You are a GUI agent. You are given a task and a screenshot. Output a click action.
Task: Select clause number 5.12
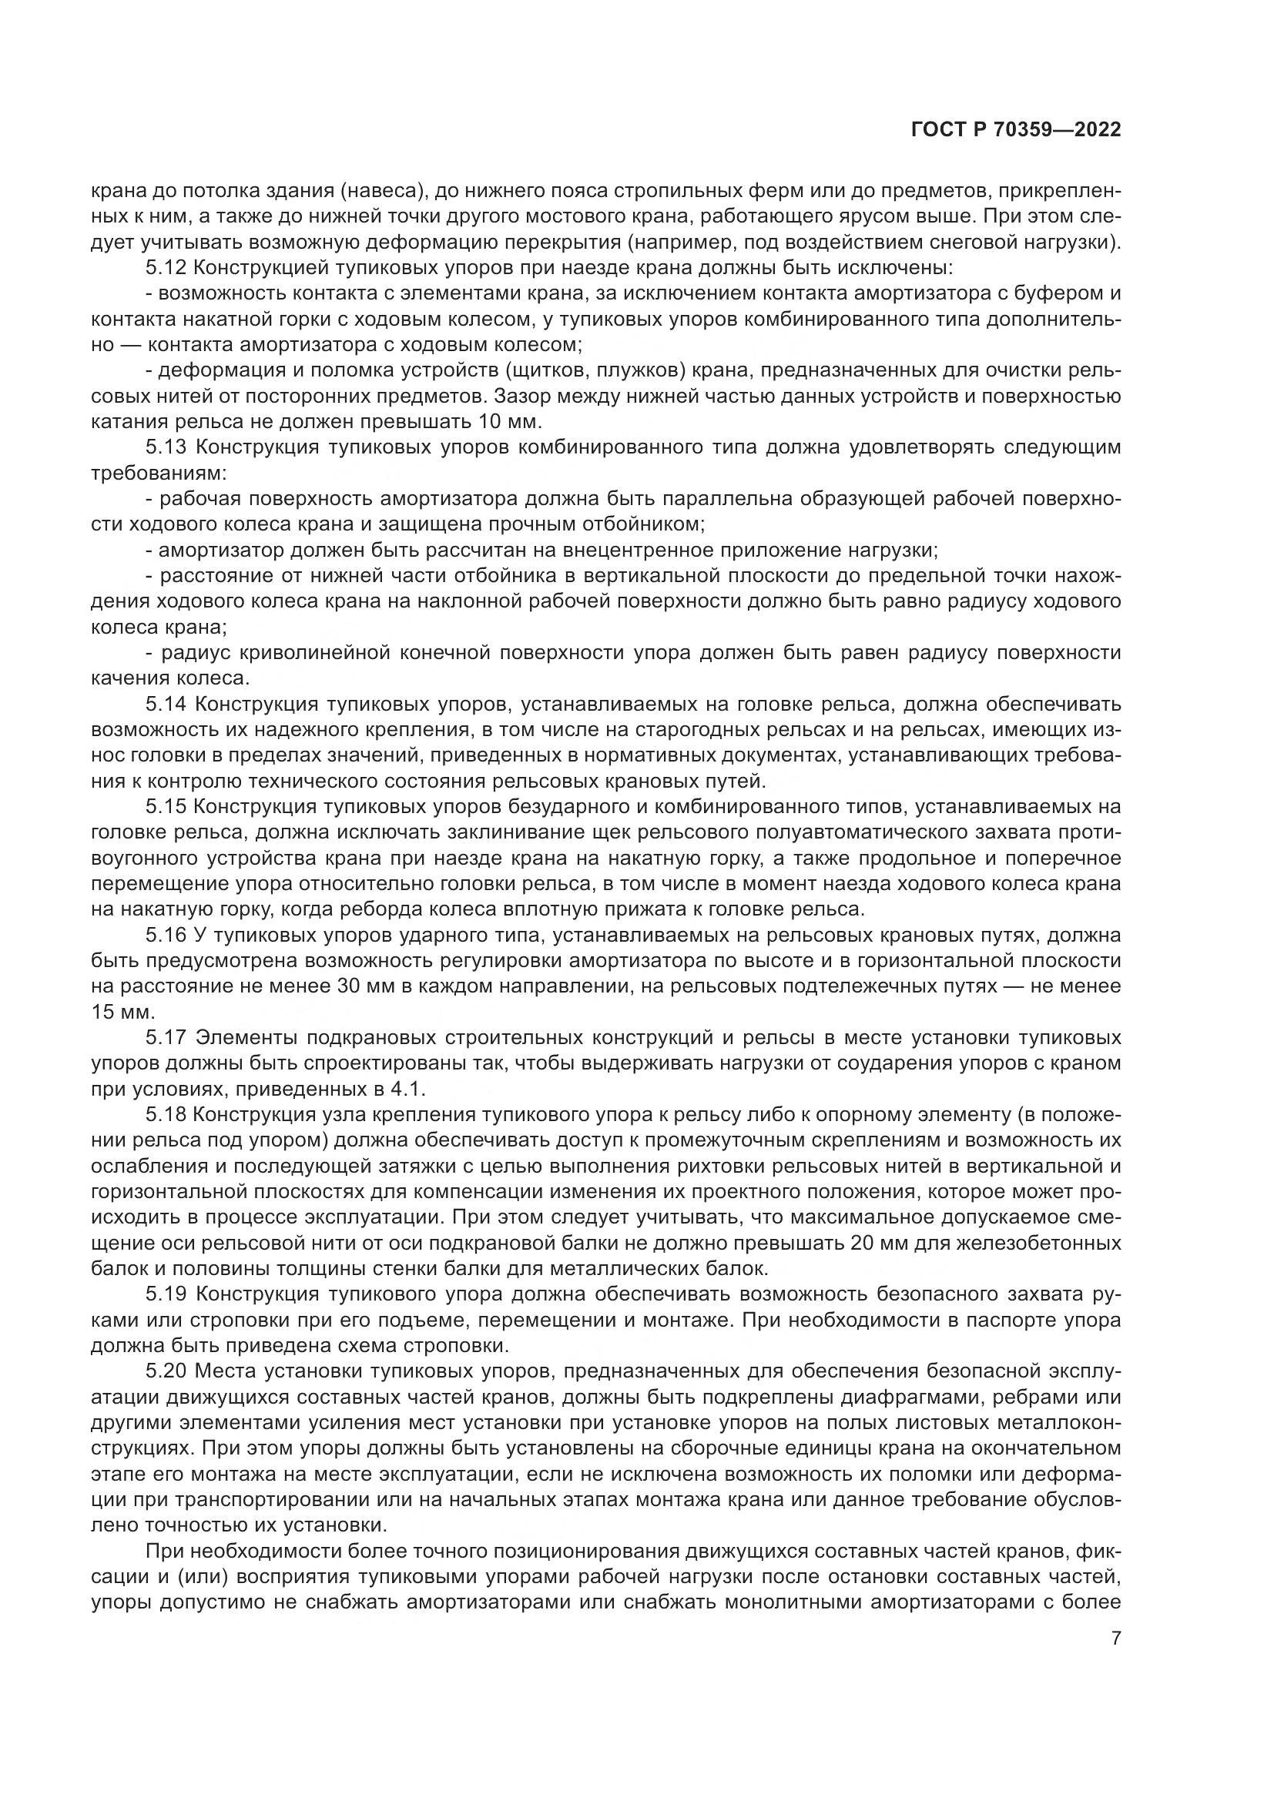tap(166, 267)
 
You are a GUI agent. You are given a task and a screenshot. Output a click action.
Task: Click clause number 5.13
tap(166, 448)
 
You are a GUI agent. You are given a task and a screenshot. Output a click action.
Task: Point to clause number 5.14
tap(166, 705)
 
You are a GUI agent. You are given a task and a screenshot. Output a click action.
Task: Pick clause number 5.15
tap(166, 807)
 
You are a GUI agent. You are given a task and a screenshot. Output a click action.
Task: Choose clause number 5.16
tap(166, 935)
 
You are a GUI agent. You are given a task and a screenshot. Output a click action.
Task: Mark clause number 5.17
tap(166, 1038)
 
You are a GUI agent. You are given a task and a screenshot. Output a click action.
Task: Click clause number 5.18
tap(166, 1115)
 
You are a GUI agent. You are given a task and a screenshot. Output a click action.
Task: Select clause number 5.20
tap(166, 1372)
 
